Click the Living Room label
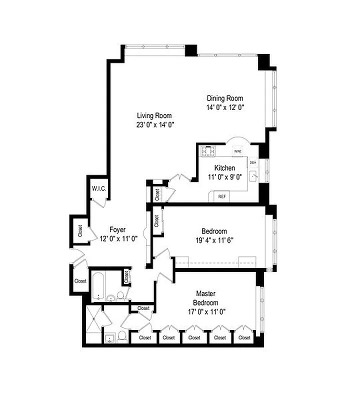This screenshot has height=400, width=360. [154, 115]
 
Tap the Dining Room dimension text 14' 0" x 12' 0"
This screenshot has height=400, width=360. [225, 107]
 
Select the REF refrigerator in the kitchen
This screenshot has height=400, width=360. [221, 196]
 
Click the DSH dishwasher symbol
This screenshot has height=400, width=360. [253, 162]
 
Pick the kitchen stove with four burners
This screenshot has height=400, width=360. [207, 150]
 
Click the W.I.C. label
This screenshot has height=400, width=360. [97, 188]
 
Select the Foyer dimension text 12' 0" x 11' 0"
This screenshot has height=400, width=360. [118, 238]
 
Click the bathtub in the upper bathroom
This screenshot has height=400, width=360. [98, 284]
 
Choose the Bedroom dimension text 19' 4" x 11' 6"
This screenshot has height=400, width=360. [214, 239]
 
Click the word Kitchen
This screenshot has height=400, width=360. [224, 167]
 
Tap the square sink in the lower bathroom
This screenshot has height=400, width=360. [109, 338]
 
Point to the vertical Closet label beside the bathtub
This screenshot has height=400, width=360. [127, 275]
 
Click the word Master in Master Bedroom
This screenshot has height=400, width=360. [205, 293]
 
